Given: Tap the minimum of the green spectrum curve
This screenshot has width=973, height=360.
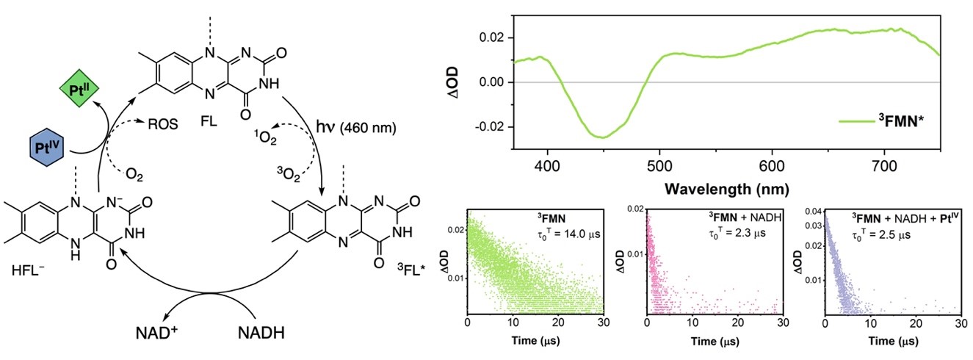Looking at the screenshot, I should click(601, 137).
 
